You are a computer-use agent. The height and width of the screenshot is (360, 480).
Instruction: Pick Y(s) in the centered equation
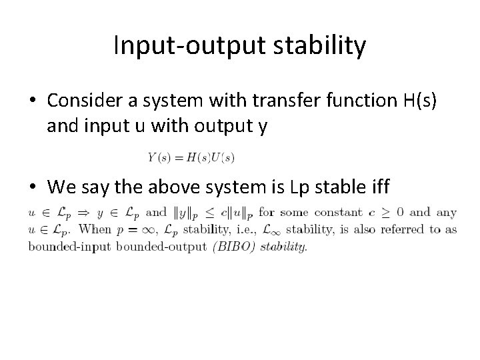coord(158,157)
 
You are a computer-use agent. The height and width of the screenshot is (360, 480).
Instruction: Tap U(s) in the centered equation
coord(221,157)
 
